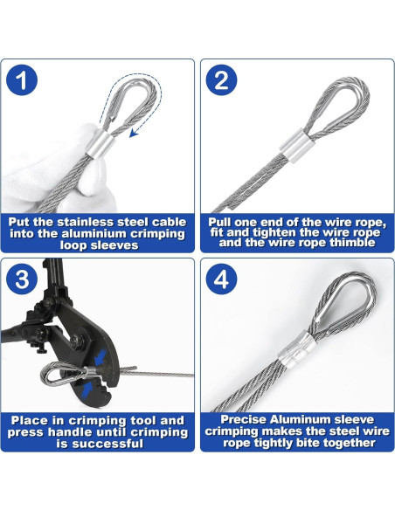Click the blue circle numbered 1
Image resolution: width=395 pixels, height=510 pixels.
click(22, 80)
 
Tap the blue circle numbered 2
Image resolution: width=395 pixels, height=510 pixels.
click(222, 80)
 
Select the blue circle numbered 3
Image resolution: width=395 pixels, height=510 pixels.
click(22, 279)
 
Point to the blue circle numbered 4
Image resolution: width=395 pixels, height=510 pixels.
click(222, 279)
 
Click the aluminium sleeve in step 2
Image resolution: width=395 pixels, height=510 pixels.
click(295, 145)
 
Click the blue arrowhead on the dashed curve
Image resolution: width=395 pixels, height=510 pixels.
click(134, 133)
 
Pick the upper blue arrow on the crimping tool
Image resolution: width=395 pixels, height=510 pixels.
click(100, 358)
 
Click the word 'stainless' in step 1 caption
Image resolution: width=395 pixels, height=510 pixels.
click(87, 222)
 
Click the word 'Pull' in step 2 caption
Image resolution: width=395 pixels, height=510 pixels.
click(219, 222)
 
